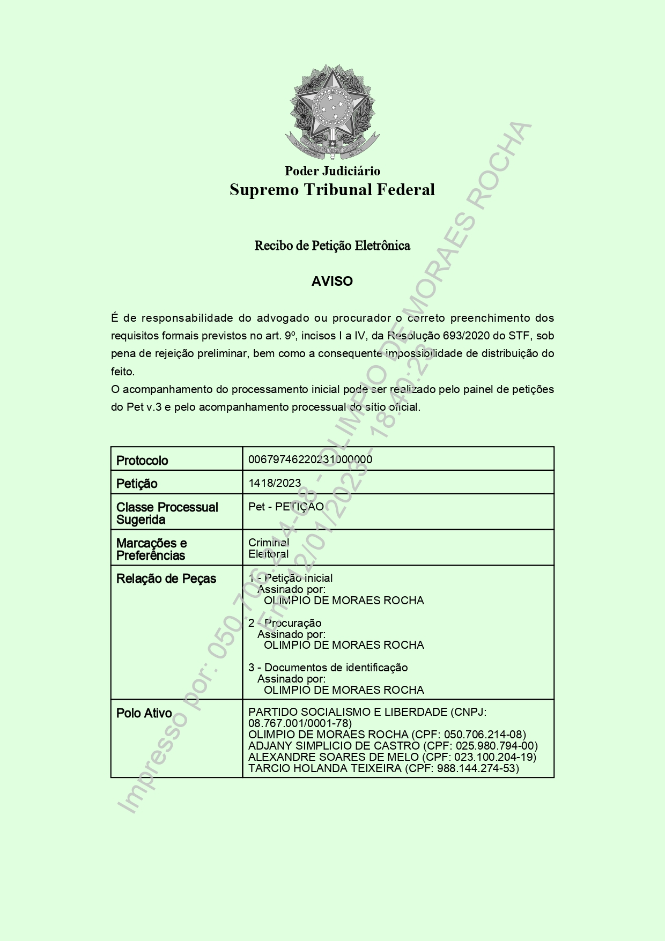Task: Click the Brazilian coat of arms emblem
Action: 332,113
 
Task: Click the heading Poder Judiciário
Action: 332,171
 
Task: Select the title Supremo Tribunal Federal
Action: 332,190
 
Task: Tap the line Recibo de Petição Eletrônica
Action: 332,246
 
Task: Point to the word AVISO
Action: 332,281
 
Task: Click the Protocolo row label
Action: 142,461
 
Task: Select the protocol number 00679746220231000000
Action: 310,460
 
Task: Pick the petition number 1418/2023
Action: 275,483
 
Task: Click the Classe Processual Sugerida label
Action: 167,513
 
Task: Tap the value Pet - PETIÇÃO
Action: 286,507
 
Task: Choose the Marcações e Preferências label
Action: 151,549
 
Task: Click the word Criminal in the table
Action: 269,543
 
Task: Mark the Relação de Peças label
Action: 166,579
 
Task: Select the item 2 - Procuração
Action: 285,623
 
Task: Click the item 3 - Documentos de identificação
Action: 328,668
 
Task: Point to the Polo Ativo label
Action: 144,713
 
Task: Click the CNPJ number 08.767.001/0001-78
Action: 300,723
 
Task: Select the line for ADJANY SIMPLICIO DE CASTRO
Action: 393,746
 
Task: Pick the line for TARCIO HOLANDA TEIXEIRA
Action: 383,768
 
